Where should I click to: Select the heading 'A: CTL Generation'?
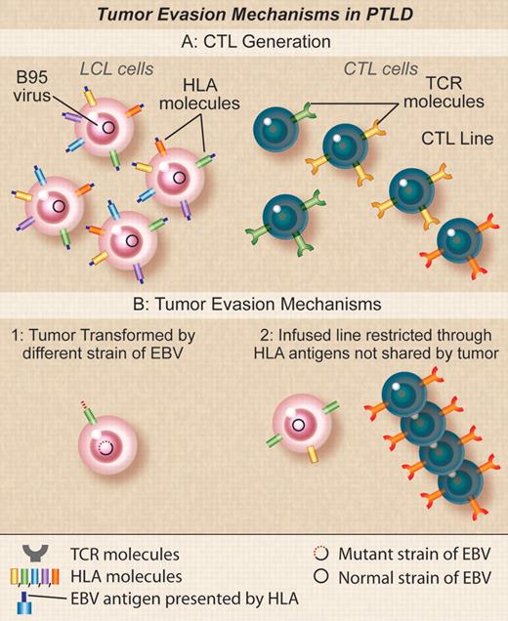[x=253, y=42]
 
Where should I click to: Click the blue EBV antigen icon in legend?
[x=37, y=597]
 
